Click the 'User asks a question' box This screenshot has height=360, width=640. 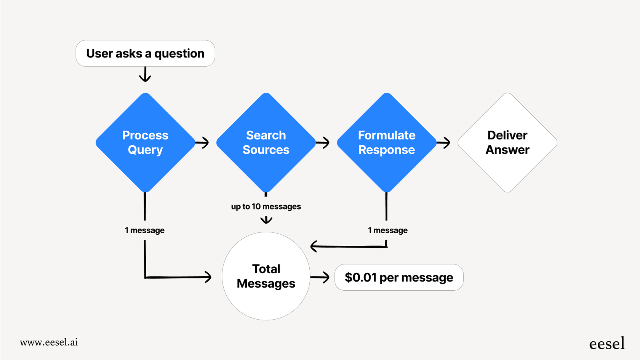145,53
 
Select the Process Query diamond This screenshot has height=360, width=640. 145,142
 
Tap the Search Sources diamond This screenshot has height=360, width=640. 266,142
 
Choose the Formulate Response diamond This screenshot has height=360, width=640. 387,142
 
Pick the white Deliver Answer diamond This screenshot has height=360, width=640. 507,142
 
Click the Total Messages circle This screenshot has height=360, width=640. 266,276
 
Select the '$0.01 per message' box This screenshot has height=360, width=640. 399,277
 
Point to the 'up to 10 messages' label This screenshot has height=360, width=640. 266,206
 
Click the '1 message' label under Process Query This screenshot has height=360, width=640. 145,230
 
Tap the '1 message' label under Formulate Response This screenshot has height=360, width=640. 387,230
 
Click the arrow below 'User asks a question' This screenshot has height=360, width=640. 145,75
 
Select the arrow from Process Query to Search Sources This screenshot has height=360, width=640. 202,143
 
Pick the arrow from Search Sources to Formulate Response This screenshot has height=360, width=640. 323,143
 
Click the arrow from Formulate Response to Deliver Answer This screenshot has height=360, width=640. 443,143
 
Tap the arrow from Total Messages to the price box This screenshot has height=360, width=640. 320,277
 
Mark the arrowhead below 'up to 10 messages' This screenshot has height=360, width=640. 266,220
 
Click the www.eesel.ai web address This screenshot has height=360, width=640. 49,342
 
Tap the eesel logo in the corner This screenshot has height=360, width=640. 606,344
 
